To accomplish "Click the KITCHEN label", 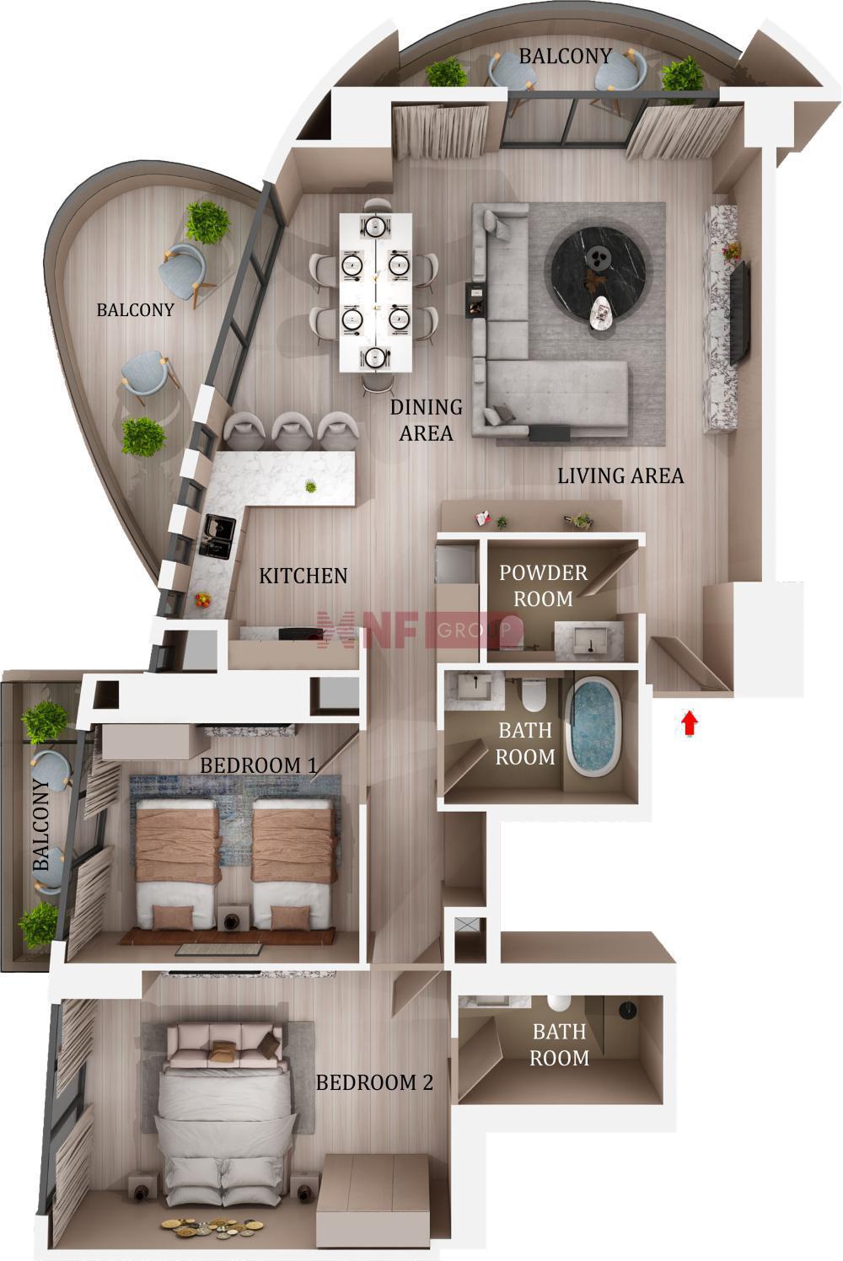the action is (x=303, y=576).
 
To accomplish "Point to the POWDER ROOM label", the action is (x=544, y=586).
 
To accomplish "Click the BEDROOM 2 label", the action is (x=374, y=1082).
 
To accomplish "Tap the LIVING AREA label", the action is (x=620, y=476).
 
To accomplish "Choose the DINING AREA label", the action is (x=427, y=420).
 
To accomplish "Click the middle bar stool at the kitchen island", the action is (x=292, y=431).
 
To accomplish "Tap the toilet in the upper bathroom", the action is (x=533, y=695).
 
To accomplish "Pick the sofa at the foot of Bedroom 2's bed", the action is (x=225, y=1044).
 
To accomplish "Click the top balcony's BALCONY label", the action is (x=566, y=56).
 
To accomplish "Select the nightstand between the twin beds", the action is (x=232, y=918).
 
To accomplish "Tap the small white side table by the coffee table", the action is (x=601, y=313).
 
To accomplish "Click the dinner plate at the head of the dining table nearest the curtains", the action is (x=375, y=227).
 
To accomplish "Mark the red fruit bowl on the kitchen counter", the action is (x=202, y=599).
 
